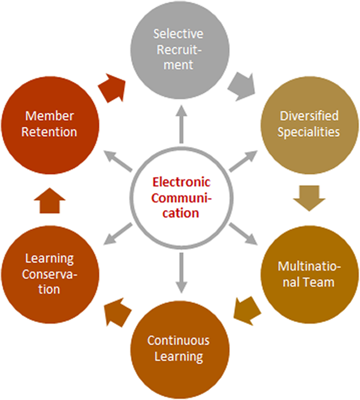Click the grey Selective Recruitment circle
point(178,49)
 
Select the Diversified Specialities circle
point(310,123)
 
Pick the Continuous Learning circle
point(178,348)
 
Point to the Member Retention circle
point(49,124)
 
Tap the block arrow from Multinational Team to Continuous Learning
point(244,309)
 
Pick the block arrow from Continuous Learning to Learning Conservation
point(116,311)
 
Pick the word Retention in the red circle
point(49,132)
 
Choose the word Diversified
point(310,116)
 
